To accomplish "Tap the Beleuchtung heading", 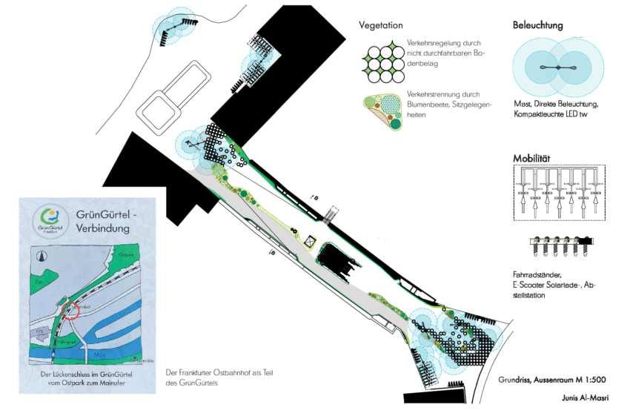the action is point(537,25).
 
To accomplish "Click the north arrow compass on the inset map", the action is point(42,255).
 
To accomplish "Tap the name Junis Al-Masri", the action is point(585,398).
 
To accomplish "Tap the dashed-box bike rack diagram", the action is point(560,193).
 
